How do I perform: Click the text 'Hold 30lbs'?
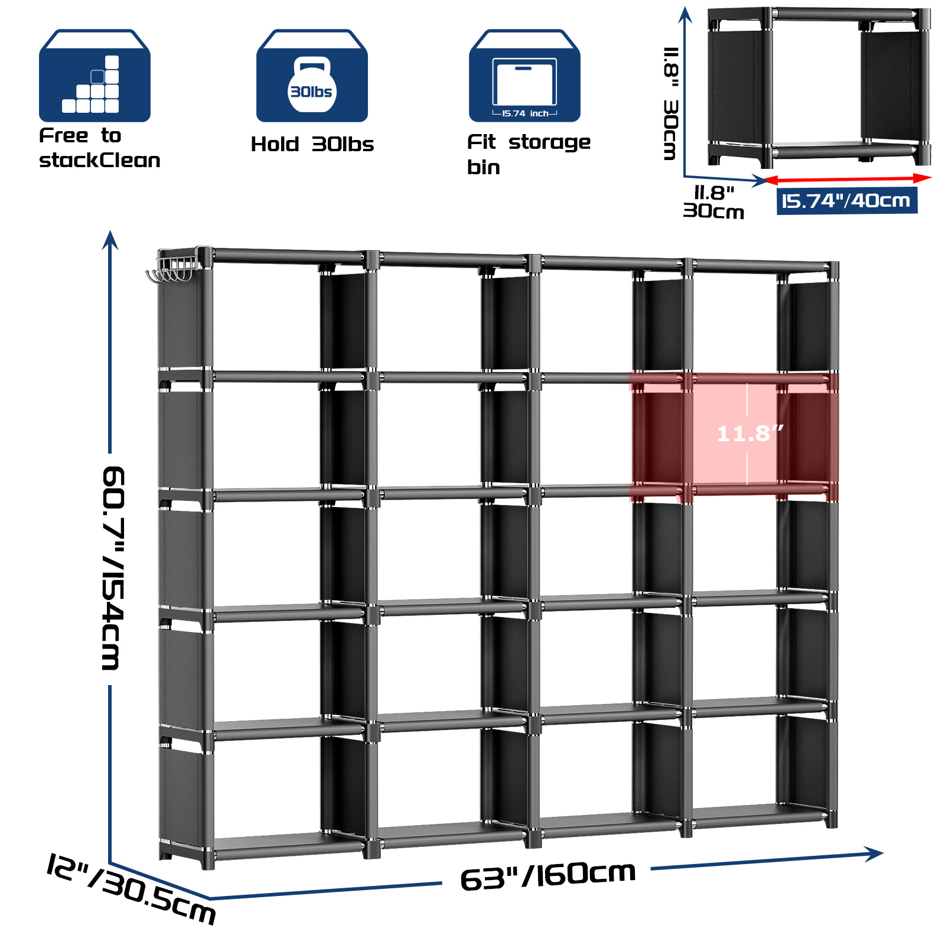coord(312,144)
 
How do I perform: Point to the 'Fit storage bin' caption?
coord(527,154)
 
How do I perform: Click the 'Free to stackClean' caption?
coord(99,148)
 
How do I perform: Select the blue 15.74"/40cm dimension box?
coord(846,201)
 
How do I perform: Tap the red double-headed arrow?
coord(847,178)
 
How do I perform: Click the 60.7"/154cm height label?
coord(113,568)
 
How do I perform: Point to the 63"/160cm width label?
coord(548,876)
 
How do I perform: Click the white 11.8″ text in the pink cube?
coord(750,434)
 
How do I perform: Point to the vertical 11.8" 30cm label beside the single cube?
coord(671,103)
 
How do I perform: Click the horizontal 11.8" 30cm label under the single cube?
coord(713,202)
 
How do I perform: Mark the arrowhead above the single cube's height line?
coord(685,14)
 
